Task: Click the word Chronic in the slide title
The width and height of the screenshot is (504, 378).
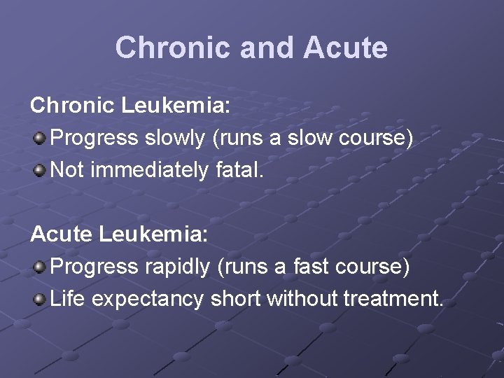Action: click(172, 48)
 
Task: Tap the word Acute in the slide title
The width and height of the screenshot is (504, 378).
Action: click(345, 48)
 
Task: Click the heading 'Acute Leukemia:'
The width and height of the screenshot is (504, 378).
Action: click(119, 234)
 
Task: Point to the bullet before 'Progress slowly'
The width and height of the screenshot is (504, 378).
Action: click(40, 138)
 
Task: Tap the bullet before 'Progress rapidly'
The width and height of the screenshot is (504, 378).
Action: click(40, 267)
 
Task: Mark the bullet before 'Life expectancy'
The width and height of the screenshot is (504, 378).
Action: click(40, 299)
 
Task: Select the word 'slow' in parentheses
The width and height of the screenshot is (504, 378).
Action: click(313, 138)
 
